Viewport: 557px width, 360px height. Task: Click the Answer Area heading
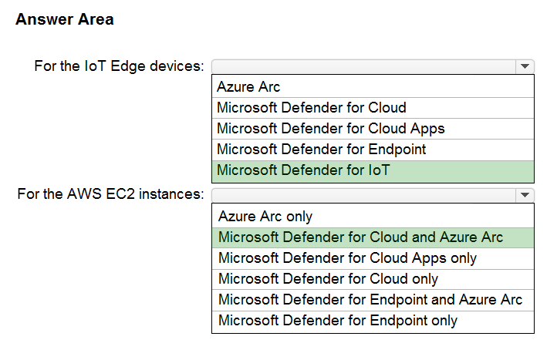coord(65,19)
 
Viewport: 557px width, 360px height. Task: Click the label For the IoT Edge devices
coord(120,66)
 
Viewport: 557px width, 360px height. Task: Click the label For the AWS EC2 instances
coord(111,194)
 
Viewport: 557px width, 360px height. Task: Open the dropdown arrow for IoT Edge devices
coord(525,66)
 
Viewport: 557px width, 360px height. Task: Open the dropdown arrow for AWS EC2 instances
coord(525,195)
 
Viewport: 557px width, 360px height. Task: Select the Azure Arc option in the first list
coord(248,86)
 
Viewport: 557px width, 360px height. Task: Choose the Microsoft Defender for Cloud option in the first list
coord(312,108)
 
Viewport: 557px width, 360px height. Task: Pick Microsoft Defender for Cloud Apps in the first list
coord(331,129)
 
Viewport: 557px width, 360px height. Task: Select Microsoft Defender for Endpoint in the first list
coord(322,150)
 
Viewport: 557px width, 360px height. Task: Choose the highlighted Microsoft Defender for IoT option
coord(303,170)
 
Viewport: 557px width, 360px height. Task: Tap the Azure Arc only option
coord(265,216)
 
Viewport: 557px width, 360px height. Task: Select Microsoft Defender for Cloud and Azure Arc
coord(360,237)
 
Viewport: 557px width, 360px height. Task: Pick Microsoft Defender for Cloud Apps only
coord(347,258)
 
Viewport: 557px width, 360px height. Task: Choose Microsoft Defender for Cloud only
coord(328,279)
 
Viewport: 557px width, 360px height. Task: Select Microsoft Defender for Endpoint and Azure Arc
coord(370,300)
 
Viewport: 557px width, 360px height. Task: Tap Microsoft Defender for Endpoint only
coord(338,321)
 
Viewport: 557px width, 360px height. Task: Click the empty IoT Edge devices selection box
coord(364,66)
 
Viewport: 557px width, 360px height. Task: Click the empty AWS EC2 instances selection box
coord(364,195)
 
